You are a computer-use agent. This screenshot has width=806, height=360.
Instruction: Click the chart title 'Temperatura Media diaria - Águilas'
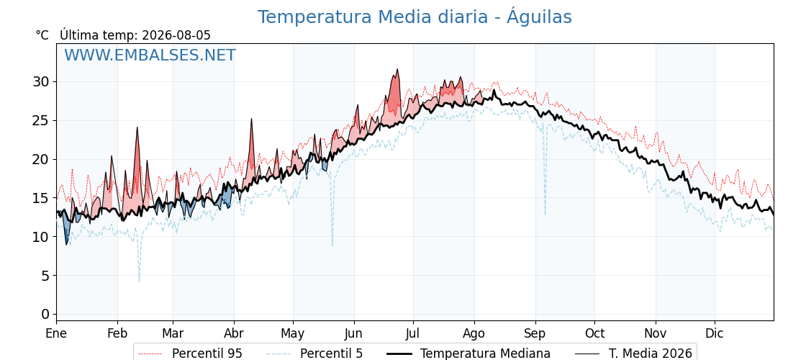(x=415, y=17)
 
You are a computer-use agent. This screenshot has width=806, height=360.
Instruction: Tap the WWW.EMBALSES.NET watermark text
(x=150, y=55)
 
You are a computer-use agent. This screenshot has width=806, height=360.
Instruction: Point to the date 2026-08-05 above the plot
(x=176, y=35)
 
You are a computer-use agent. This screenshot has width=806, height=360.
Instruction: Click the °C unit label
(x=42, y=35)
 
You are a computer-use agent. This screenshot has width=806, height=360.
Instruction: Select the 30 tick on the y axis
(x=42, y=82)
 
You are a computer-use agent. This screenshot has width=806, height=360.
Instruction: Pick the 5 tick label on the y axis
(x=46, y=276)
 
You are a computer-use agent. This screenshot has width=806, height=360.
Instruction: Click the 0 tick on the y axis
(x=46, y=314)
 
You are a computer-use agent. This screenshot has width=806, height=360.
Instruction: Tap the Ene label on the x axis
(x=57, y=333)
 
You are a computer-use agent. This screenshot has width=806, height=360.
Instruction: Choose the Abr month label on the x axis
(x=234, y=333)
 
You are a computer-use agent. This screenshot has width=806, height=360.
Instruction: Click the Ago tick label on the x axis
(x=474, y=333)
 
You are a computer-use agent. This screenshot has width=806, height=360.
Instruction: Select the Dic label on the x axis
(x=715, y=333)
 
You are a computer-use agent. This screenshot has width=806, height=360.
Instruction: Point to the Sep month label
(x=535, y=333)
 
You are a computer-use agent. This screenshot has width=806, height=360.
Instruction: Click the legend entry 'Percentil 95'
(x=191, y=354)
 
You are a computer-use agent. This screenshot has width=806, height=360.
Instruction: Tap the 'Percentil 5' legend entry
(x=315, y=354)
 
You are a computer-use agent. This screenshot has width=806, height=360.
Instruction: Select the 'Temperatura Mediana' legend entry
(x=468, y=354)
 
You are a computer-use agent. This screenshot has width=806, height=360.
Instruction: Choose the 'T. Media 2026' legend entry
(x=633, y=354)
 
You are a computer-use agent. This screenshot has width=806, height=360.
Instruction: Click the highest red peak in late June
(x=397, y=69)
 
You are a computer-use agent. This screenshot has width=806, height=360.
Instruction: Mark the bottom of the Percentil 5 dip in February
(x=139, y=282)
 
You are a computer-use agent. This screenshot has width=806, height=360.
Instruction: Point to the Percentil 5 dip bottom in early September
(x=545, y=215)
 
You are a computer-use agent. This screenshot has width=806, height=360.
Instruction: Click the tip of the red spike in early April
(x=251, y=119)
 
